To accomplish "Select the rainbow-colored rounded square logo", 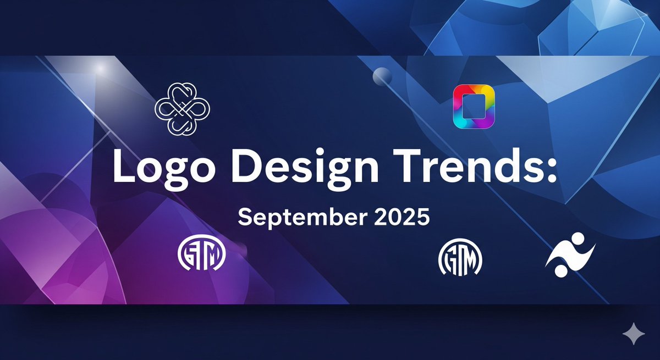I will pos(473,107).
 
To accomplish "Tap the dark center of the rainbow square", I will pos(473,107).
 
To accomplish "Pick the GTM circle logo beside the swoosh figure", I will pos(460,259).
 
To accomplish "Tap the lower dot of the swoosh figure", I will pos(560,271).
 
